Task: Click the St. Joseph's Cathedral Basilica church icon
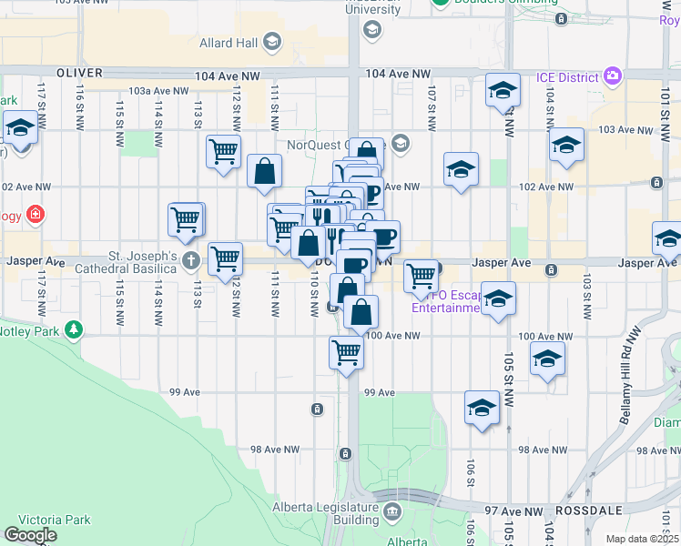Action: pos(190,261)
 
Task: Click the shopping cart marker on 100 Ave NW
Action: pos(346,351)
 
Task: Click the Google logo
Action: pos(30,535)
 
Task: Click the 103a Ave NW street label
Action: pos(158,91)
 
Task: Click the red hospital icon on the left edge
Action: pos(35,215)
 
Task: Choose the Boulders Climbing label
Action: pos(504,3)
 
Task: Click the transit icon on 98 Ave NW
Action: pos(345,453)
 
